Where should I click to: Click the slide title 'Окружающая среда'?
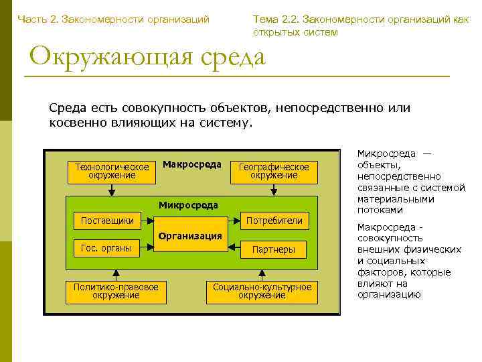147,56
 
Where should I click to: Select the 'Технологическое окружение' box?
112,171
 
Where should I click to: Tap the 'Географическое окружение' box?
274,171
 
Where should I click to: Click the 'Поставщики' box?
107,221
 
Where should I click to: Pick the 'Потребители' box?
274,221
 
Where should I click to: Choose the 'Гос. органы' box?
107,248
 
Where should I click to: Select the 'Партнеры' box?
274,249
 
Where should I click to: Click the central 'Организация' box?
189,235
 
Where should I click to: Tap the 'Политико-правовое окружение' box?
116,291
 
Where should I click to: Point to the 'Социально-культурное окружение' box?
262,291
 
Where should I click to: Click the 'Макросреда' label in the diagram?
191,165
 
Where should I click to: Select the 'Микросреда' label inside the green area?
188,204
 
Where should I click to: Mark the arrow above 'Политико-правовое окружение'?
116,274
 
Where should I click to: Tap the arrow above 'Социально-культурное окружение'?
262,274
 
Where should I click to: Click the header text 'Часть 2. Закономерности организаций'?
114,19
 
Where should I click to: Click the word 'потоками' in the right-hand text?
380,210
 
